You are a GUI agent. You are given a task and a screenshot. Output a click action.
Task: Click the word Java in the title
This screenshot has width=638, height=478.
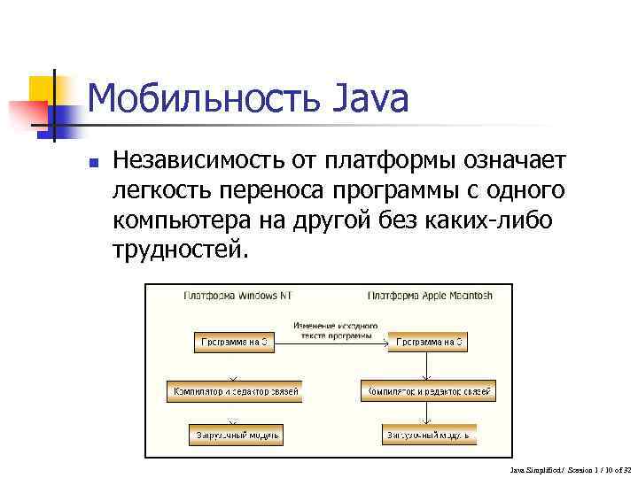coord(372,99)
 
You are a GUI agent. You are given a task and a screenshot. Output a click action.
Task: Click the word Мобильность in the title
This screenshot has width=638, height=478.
coord(206,99)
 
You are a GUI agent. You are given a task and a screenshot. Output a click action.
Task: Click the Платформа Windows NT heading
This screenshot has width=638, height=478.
coord(237,297)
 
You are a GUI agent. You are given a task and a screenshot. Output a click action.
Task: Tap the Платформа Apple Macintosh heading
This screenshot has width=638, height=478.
coord(430,297)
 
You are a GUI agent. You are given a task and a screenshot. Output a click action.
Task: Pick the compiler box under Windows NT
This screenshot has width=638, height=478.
coord(235,390)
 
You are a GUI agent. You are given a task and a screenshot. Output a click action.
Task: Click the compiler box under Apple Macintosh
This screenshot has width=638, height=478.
coord(427,390)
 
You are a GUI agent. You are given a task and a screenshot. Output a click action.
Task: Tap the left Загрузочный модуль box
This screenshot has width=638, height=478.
coord(236,435)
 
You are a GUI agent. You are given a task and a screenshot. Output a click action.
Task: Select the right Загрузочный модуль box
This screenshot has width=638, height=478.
coord(430,435)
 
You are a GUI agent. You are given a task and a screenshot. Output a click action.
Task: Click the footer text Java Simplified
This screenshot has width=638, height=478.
coord(536,468)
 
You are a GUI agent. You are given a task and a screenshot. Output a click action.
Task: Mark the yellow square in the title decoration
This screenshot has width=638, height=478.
coord(42,89)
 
